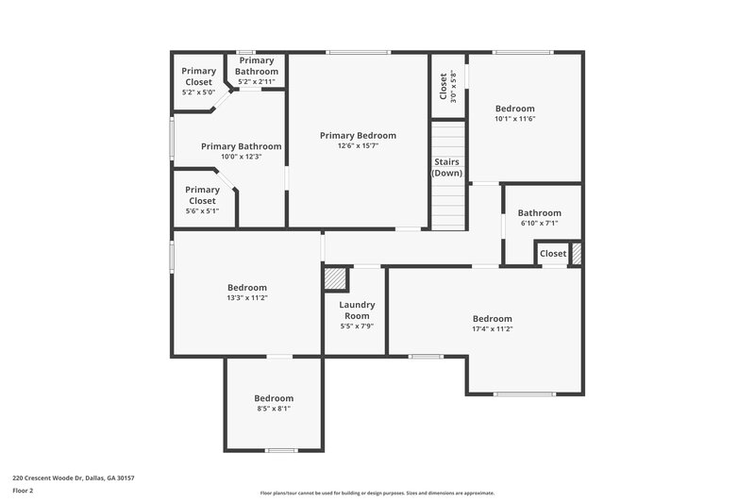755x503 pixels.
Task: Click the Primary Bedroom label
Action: [358, 135]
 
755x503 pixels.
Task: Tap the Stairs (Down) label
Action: [448, 168]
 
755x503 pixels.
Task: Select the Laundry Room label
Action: [357, 310]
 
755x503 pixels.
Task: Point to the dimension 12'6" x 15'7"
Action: [358, 146]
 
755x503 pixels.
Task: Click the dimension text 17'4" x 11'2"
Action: [492, 329]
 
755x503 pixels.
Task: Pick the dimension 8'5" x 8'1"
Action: [274, 409]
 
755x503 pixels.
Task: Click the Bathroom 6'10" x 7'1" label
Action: [539, 213]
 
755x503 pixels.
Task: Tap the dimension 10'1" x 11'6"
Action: [514, 119]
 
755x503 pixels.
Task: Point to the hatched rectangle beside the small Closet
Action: [576, 253]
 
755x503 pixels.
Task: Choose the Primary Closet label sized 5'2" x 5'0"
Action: [199, 75]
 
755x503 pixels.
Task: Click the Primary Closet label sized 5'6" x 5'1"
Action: [202, 195]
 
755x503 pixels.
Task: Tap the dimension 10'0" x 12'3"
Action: [241, 157]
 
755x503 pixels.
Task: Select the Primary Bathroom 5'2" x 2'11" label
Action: [257, 66]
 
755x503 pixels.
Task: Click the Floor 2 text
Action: [24, 491]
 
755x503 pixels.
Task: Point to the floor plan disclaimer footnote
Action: [377, 493]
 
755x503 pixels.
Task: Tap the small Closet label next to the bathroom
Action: [553, 253]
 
